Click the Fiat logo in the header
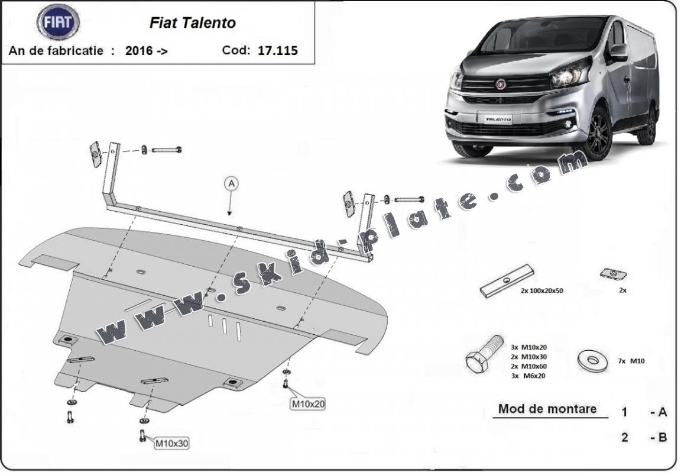[58, 23]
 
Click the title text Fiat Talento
[192, 23]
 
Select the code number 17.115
[278, 51]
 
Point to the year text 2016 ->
[147, 51]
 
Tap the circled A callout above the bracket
[231, 184]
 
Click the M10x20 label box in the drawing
[308, 404]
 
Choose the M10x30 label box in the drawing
[172, 442]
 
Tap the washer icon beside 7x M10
[591, 360]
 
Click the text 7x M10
[630, 360]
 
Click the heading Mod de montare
[547, 409]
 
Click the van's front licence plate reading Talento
[498, 119]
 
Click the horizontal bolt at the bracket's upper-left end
[167, 150]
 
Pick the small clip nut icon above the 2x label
[614, 273]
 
